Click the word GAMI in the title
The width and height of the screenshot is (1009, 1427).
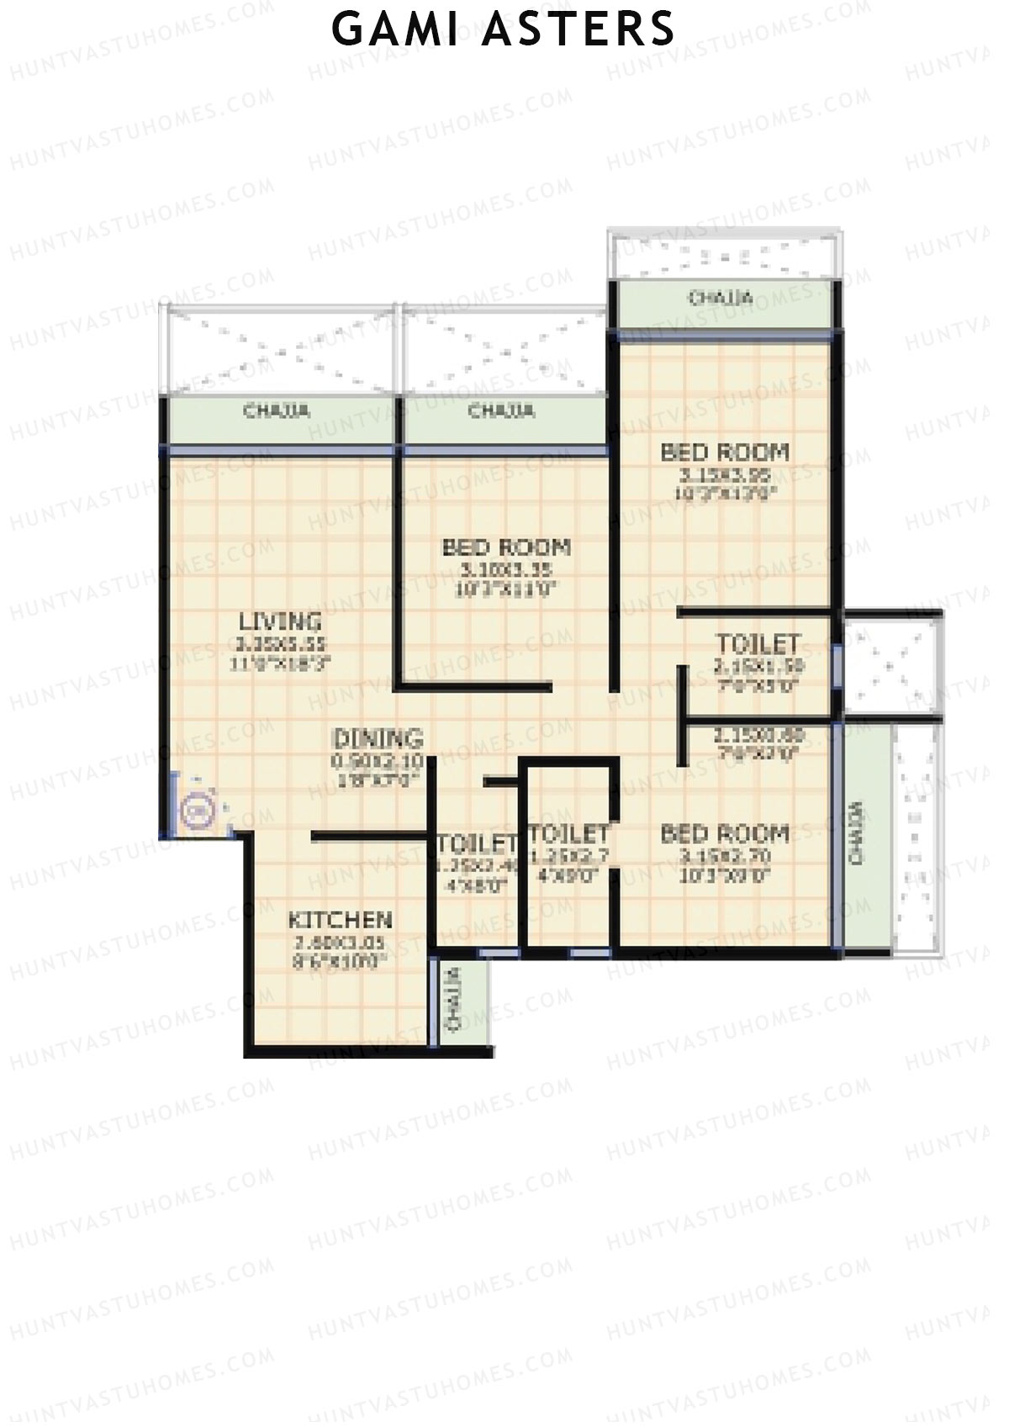click(394, 29)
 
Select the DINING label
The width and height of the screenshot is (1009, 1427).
click(378, 739)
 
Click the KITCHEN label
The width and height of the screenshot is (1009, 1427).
click(340, 920)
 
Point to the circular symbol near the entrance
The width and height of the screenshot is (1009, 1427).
click(196, 811)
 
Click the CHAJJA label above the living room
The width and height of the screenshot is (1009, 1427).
click(277, 411)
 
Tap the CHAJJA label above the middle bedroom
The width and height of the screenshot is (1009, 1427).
click(501, 411)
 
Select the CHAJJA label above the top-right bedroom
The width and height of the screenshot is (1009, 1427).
click(720, 299)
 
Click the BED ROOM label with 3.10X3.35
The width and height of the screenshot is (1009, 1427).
click(506, 548)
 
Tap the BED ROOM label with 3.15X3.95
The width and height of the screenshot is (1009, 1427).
click(725, 452)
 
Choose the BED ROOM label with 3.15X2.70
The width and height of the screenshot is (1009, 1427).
click(725, 834)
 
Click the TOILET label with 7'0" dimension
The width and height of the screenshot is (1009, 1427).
click(758, 645)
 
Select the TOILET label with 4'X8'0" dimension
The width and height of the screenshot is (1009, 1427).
click(476, 843)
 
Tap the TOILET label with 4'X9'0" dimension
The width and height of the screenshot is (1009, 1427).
click(569, 835)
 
